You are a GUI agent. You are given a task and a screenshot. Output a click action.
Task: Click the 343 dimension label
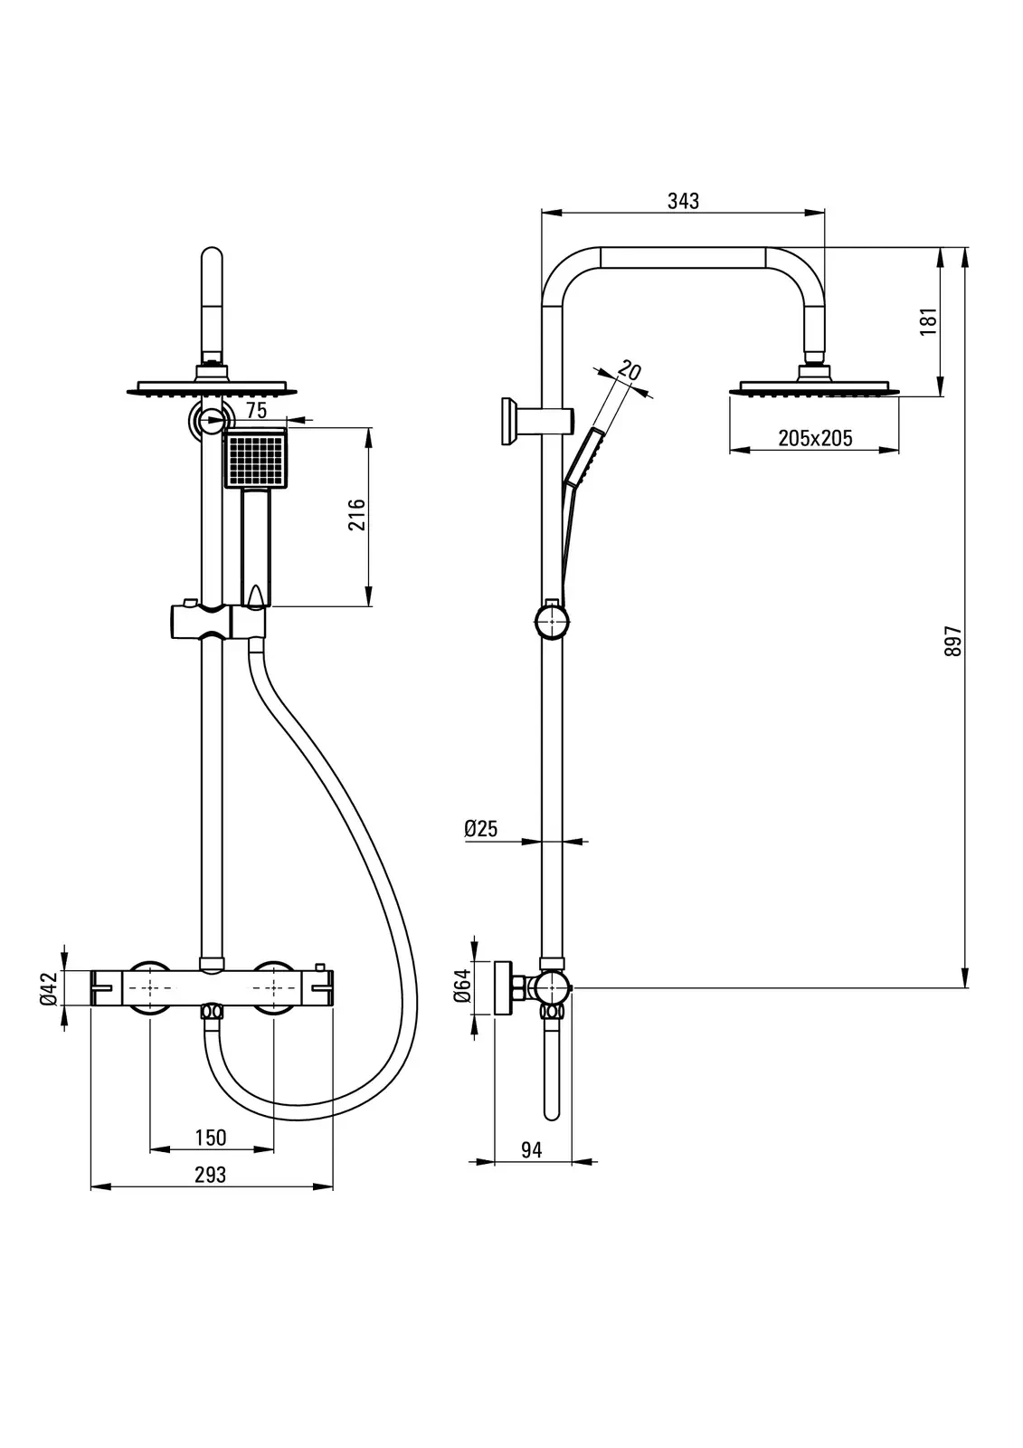coord(683,201)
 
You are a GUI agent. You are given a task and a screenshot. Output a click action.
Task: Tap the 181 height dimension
coord(929,321)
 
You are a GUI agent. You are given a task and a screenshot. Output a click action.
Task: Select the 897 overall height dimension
coord(953,642)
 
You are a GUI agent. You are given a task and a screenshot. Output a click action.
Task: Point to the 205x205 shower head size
coord(815,438)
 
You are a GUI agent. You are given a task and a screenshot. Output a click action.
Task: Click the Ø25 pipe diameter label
coord(481,828)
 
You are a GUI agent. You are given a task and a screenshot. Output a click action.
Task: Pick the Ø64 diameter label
coord(463,986)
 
